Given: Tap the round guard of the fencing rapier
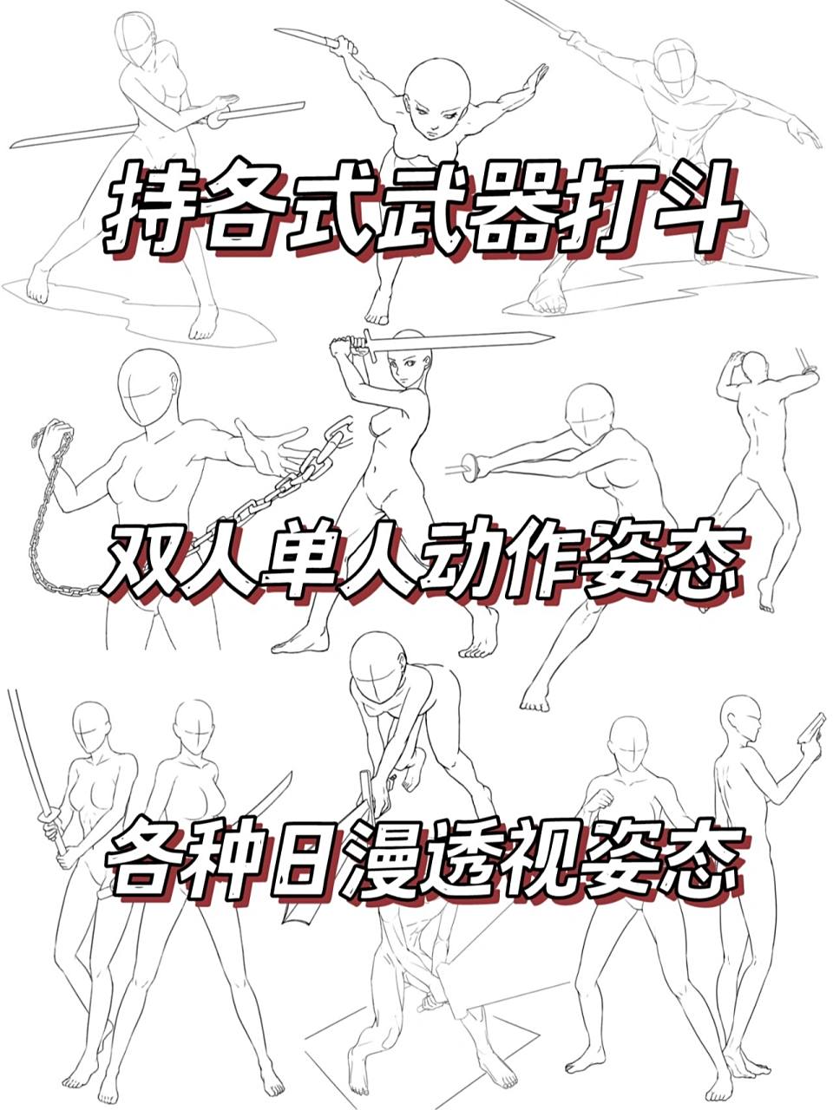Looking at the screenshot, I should (x=472, y=469).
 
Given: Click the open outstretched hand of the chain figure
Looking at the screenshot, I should (x=269, y=445).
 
